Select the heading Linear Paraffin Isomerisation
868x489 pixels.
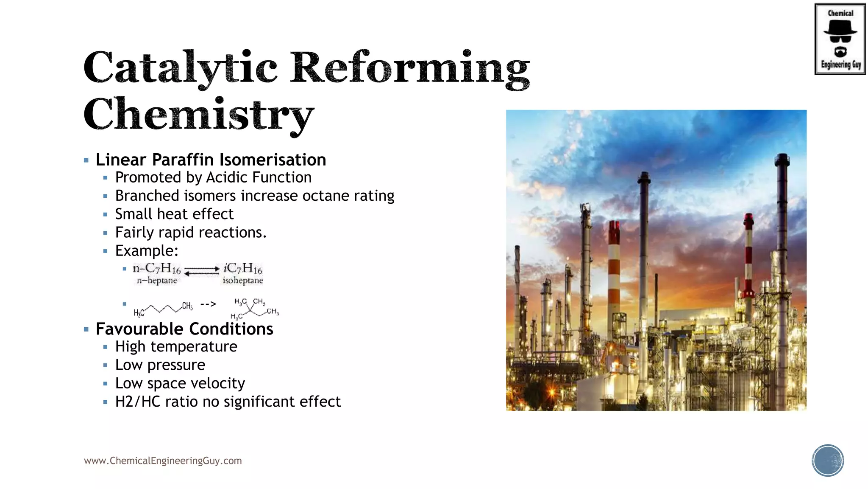[x=211, y=160]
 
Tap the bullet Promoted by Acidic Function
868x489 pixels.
[x=213, y=177]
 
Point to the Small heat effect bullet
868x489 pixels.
[x=174, y=214]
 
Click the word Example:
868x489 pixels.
[x=147, y=251]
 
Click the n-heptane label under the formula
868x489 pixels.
[x=157, y=281]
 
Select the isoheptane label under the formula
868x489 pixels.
[x=243, y=281]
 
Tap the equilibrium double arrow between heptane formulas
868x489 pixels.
[x=202, y=270]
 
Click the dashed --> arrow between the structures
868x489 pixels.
[x=208, y=304]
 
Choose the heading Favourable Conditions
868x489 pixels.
[x=184, y=329]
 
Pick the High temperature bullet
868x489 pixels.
[x=176, y=347]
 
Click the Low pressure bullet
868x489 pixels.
[x=160, y=365]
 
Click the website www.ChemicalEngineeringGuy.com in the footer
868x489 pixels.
[x=163, y=461]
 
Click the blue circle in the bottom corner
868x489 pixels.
[x=828, y=461]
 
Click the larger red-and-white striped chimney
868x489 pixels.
[x=614, y=272]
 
